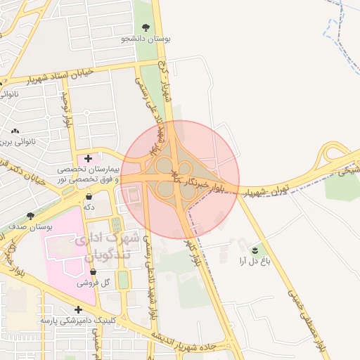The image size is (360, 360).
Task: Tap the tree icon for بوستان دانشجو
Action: tap(146, 27)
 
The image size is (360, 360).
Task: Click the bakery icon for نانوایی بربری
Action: tap(15, 131)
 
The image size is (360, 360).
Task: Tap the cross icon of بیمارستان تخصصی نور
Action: tap(88, 158)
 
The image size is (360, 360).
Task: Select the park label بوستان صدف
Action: tap(30, 226)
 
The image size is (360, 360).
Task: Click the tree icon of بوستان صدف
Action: tap(30, 216)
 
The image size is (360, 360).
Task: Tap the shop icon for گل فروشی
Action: tap(94, 272)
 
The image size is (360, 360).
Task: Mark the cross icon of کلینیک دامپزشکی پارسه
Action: tap(78, 309)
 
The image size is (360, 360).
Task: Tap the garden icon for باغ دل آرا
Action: tap(255, 250)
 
